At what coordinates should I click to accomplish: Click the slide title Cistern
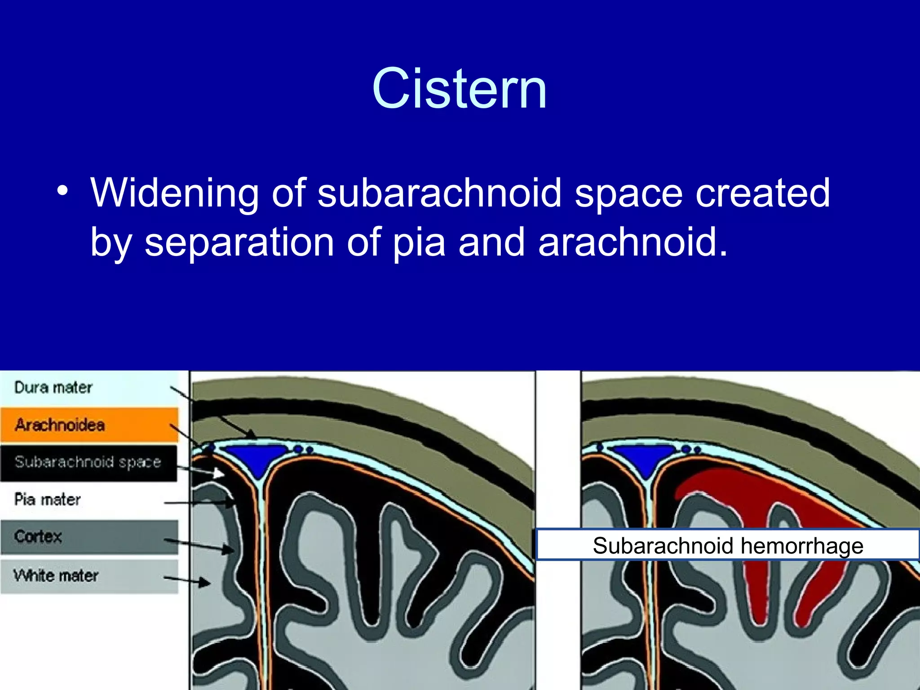pos(459,88)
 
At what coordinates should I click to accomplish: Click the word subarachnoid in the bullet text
pos(439,193)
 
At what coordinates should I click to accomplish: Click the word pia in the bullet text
pos(419,243)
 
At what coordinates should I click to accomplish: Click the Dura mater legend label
pos(53,387)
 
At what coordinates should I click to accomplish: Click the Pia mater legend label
pos(48,499)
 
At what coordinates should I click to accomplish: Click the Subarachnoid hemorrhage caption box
pos(728,545)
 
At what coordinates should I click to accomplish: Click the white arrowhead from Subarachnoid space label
pos(218,473)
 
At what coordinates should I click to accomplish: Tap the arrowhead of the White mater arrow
pos(205,583)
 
